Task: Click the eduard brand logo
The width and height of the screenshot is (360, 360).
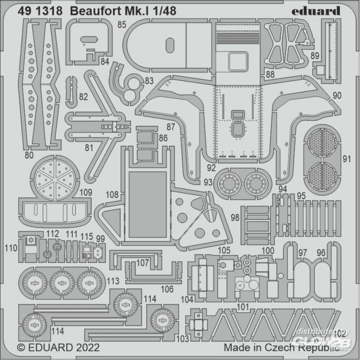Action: (316, 11)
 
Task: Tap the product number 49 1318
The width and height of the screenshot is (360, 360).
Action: (40, 11)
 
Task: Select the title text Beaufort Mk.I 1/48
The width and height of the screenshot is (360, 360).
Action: (123, 11)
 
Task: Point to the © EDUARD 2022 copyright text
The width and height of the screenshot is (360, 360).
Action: (58, 347)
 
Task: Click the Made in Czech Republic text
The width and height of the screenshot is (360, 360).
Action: (282, 347)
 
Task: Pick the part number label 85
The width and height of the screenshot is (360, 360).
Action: (122, 25)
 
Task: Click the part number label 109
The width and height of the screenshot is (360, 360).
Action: (85, 193)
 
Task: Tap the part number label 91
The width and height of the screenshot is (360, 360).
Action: (346, 159)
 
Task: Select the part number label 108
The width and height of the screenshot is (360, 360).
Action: (112, 195)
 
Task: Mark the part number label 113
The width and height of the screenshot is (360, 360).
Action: (113, 281)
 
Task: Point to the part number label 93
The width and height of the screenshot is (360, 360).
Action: (208, 182)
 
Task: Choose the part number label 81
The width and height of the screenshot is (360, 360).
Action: (89, 148)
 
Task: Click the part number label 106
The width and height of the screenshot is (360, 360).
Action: (167, 289)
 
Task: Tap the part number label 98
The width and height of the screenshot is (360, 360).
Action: (235, 217)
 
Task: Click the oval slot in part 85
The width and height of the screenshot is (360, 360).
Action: (170, 45)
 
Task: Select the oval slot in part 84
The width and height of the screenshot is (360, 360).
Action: (89, 40)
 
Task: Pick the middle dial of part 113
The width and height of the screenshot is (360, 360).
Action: (62, 283)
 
